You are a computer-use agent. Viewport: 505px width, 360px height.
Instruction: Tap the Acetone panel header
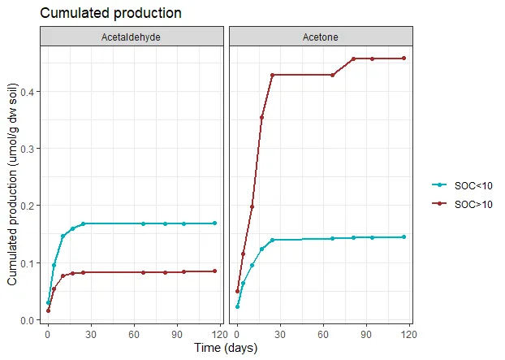click(322, 37)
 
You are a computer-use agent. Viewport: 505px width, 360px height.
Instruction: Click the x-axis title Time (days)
click(227, 349)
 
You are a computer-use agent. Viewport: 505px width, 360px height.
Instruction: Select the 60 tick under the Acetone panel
click(322, 333)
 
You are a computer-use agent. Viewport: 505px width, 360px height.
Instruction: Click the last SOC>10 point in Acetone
click(404, 59)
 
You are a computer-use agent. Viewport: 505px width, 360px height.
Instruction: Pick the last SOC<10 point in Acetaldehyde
click(214, 223)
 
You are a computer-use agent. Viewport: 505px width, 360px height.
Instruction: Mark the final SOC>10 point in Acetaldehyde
click(214, 271)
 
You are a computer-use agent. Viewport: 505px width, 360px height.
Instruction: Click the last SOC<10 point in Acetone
click(404, 237)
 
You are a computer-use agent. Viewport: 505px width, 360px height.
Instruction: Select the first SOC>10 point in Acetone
click(237, 291)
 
